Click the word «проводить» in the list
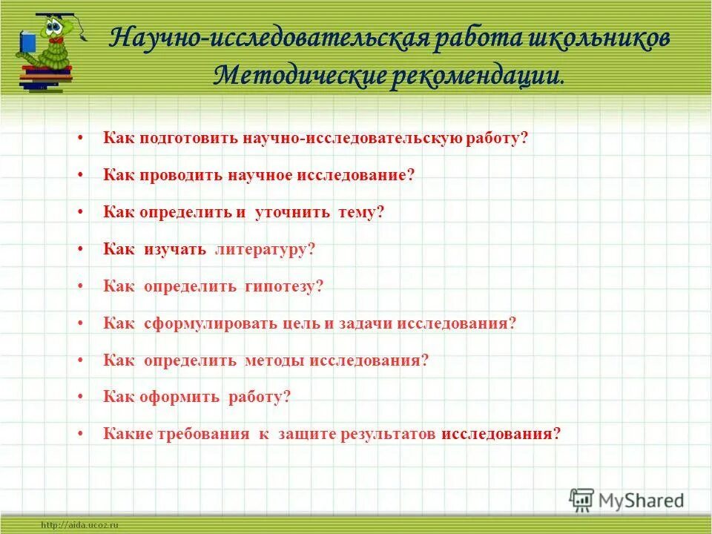click(179, 176)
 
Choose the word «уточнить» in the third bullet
click(291, 212)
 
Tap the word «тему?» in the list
click(361, 212)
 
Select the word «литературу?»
click(265, 249)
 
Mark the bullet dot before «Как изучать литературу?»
click(79, 250)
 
